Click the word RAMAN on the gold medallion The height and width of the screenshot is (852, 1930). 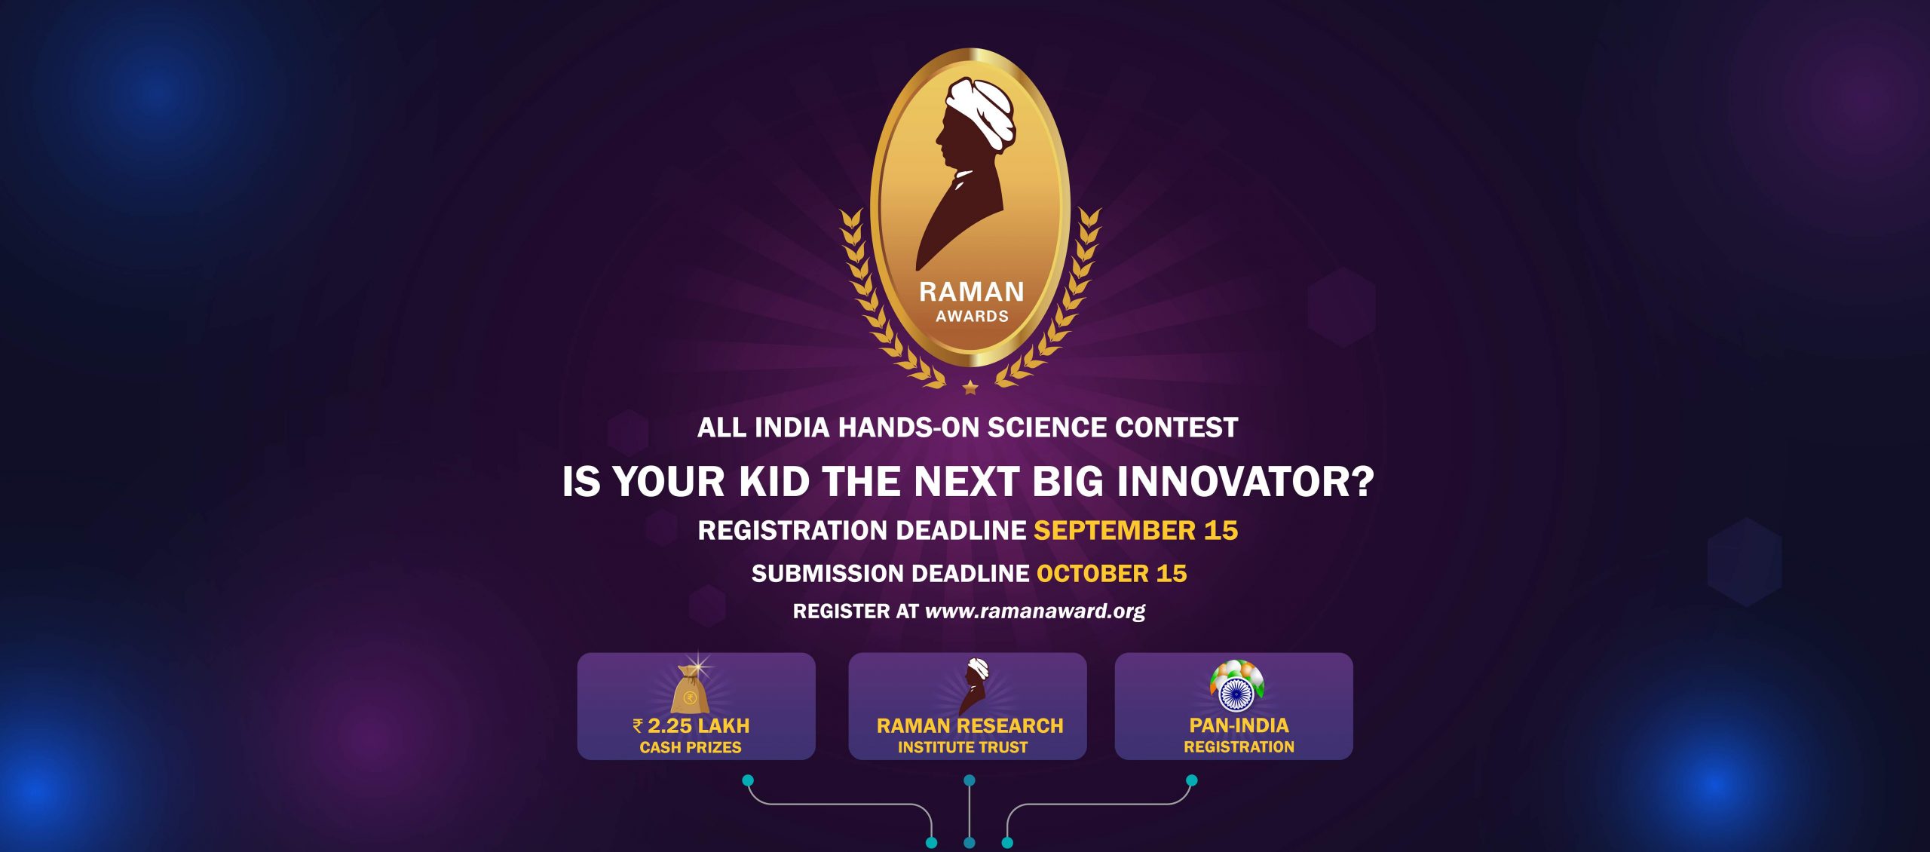[971, 292]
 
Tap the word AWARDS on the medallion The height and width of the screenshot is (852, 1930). [972, 316]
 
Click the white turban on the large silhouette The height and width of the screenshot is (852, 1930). [980, 110]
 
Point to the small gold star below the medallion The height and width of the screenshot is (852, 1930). [970, 388]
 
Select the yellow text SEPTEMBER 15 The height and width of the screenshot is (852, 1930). [1135, 530]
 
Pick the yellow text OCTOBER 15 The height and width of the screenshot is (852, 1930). [1111, 573]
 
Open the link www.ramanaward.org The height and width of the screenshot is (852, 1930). [1035, 611]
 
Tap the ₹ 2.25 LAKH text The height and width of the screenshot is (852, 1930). [691, 725]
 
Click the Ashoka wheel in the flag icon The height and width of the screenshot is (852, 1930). [1236, 694]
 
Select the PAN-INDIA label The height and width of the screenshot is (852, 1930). [1239, 725]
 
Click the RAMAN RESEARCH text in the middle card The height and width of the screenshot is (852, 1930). [970, 725]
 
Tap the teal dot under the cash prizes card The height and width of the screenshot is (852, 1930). [748, 780]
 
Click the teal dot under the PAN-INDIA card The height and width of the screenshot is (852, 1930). [1191, 780]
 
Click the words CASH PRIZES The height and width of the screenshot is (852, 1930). [691, 747]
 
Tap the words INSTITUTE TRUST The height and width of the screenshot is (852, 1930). [963, 747]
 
